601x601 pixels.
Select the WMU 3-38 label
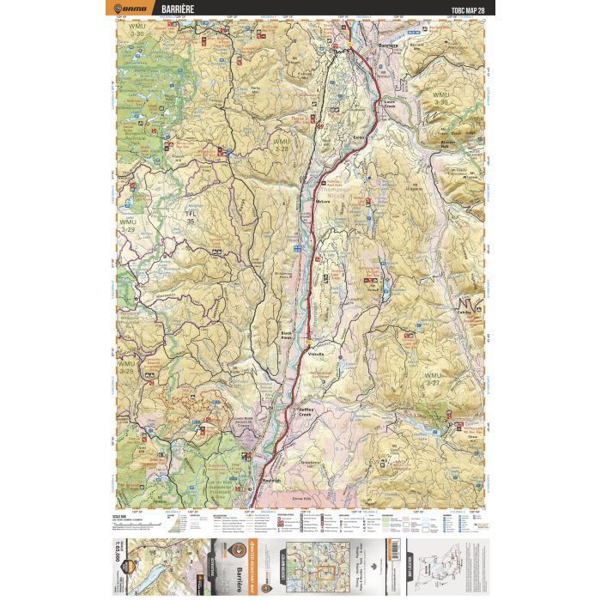[x=440, y=98]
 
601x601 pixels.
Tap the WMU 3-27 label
[x=437, y=379]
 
